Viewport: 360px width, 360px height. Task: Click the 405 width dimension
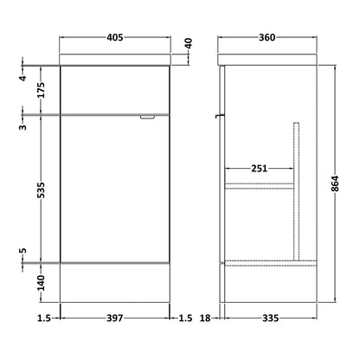pos(115,37)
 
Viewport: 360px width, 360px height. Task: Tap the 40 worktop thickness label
pos(188,43)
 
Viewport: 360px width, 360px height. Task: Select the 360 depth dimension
pos(267,37)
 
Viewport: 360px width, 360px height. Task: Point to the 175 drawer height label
pos(42,90)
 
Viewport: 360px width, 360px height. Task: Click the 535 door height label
pos(42,190)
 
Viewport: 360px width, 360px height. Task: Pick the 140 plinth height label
pos(42,283)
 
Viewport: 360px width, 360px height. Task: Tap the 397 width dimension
pos(115,318)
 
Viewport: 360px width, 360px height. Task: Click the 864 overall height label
pos(335,183)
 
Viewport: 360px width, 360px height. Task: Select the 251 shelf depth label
pos(259,168)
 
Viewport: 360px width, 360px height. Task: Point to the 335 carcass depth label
pos(271,318)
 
